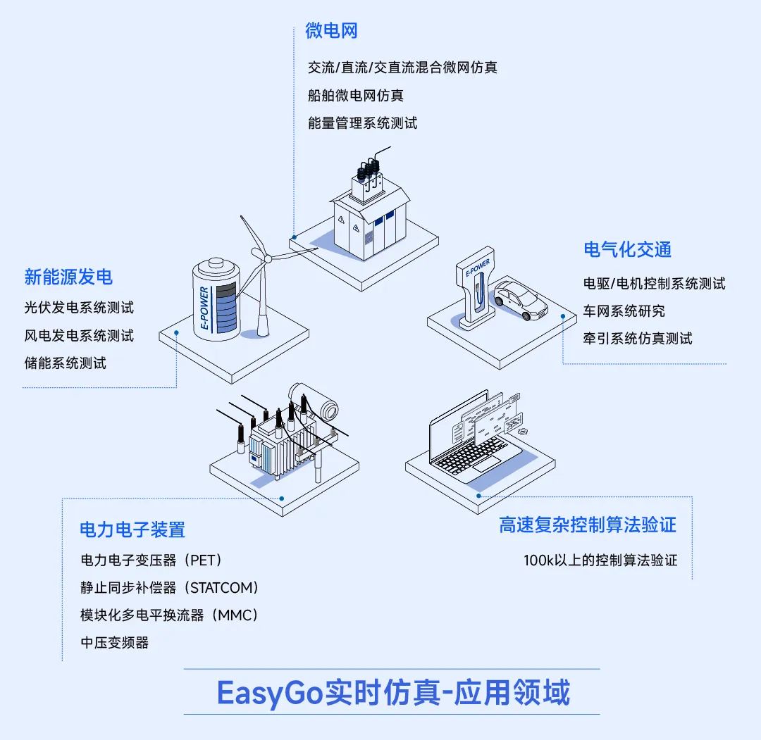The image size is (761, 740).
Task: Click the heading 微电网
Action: click(x=332, y=31)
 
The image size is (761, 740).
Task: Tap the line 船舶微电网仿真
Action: click(x=356, y=95)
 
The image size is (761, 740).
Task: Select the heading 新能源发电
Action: click(x=68, y=277)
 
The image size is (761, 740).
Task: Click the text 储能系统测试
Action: click(x=65, y=363)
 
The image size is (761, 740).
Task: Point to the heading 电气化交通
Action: click(x=627, y=249)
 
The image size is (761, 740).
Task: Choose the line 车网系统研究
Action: click(x=624, y=311)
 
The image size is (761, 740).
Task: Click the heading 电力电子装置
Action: click(x=132, y=529)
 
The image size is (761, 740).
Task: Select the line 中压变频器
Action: click(x=115, y=642)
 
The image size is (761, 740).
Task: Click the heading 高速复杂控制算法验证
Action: click(x=588, y=525)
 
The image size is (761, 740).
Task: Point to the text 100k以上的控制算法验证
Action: click(x=600, y=560)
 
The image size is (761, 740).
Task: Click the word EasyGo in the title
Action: click(x=268, y=694)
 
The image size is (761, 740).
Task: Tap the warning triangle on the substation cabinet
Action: click(x=341, y=220)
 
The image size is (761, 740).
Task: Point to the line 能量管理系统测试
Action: click(x=362, y=123)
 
